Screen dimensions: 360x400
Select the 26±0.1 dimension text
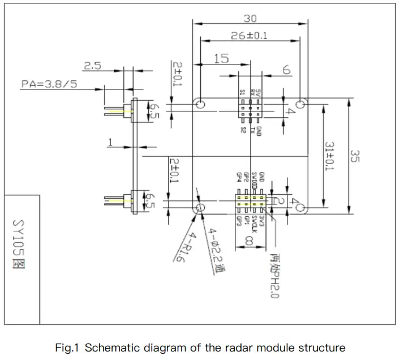(x=250, y=36)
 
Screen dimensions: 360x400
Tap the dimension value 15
(x=222, y=58)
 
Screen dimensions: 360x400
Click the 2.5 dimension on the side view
(x=92, y=66)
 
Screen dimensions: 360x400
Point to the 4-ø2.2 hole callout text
(x=214, y=252)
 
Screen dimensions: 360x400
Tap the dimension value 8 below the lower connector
(x=250, y=241)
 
